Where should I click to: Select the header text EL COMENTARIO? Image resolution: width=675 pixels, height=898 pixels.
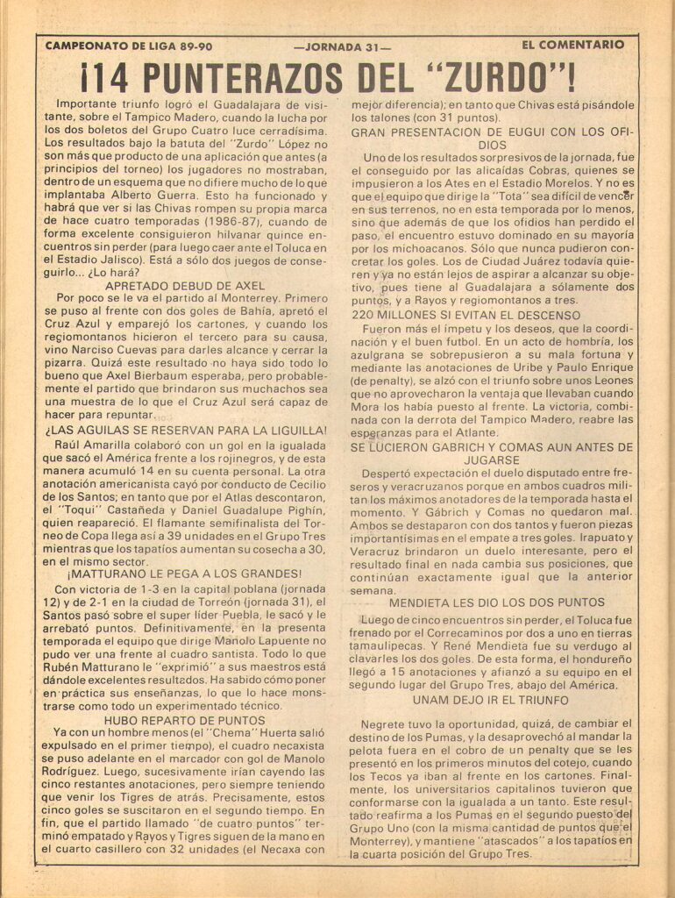coord(572,45)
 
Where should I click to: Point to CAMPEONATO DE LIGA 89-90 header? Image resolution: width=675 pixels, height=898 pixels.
coord(128,46)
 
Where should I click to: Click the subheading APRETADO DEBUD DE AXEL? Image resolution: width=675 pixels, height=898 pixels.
coord(188,285)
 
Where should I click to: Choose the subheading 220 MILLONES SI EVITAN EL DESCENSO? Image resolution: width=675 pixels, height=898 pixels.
coord(465,315)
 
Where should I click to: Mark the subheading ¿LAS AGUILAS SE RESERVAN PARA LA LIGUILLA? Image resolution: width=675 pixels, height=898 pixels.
coord(185,431)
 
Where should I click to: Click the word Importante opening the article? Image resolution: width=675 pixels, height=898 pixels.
coord(83,103)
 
